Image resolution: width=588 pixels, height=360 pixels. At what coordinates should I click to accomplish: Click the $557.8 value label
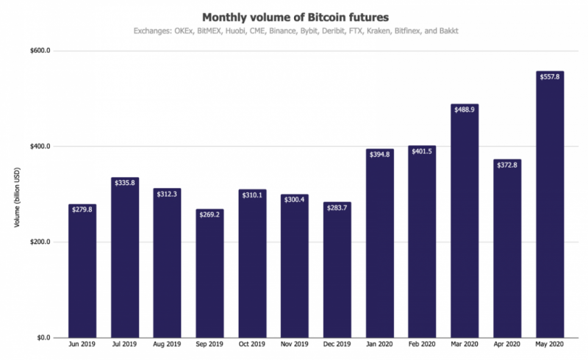click(x=549, y=76)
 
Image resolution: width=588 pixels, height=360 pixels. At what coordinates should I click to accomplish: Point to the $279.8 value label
click(x=82, y=209)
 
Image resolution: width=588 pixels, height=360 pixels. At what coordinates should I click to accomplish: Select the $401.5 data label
click(x=422, y=151)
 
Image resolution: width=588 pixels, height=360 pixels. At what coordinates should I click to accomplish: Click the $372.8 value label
click(x=507, y=165)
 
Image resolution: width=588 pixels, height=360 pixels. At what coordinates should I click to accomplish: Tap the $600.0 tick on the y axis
click(x=39, y=51)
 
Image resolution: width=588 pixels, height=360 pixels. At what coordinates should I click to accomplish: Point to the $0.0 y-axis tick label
click(x=41, y=338)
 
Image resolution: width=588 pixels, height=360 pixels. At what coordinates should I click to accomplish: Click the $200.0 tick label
click(x=39, y=242)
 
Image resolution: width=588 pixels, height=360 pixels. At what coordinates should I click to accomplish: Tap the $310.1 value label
click(x=252, y=195)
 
